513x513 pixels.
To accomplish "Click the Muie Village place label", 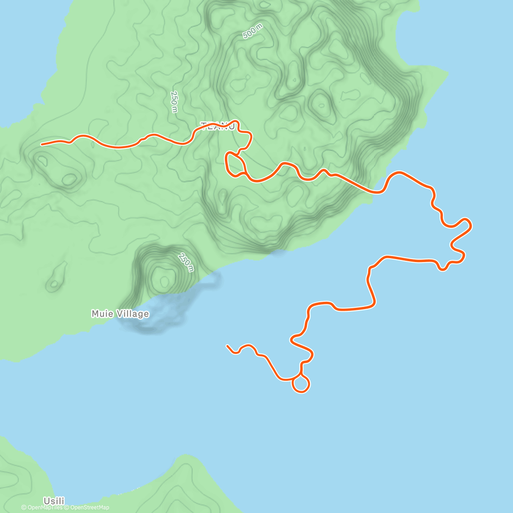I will (x=120, y=314).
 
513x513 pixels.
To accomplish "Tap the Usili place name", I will (x=54, y=501).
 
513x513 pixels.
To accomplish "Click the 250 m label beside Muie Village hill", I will (x=186, y=262).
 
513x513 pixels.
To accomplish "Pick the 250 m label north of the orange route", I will (x=174, y=102).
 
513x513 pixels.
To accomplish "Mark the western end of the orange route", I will (x=42, y=144).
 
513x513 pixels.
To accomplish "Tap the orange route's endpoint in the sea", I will (x=227, y=345).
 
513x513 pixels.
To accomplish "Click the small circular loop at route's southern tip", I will (x=301, y=384).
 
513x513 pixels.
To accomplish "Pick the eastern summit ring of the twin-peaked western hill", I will (x=69, y=179).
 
